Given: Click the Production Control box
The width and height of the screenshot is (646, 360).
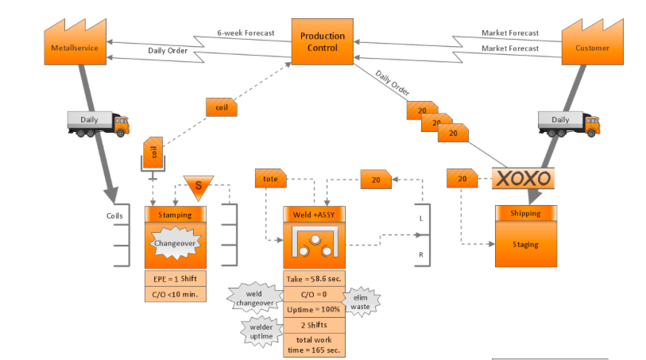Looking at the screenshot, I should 323,41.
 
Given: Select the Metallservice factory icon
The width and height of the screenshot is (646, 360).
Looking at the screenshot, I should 75,43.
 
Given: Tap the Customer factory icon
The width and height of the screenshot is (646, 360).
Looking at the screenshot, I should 592,43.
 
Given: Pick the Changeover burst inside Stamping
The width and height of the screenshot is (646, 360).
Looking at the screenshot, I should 175,243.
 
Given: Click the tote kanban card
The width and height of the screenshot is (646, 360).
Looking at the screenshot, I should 271,180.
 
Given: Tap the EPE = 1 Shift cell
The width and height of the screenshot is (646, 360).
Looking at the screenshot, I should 175,278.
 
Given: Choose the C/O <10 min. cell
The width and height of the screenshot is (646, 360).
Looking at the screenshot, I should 175,294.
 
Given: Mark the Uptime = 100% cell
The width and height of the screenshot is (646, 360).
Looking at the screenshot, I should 314,309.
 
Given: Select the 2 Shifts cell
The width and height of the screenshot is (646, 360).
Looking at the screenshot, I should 314,325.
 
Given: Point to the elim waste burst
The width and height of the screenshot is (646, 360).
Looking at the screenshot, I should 361,301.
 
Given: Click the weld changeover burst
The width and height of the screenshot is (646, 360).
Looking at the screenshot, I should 253,298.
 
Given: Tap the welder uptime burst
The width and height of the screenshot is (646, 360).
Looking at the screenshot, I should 261,331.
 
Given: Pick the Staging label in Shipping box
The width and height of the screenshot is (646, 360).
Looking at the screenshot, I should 525,244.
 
